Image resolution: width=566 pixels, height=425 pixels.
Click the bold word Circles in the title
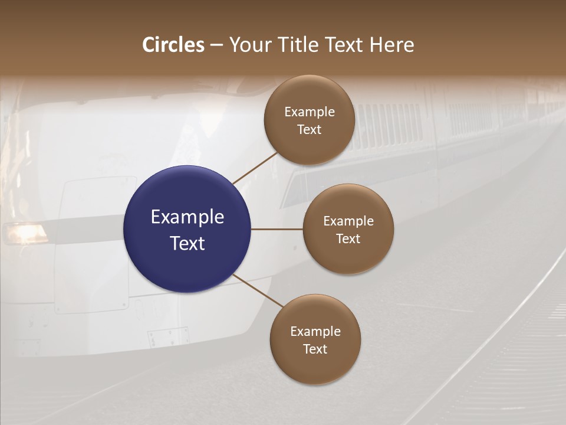tap(173, 45)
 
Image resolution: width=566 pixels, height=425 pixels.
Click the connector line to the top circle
tap(256, 168)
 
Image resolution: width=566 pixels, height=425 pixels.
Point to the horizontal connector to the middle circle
tap(277, 229)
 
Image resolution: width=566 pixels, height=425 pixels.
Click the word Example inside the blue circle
tap(187, 217)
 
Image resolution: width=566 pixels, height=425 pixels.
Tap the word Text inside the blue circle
tap(187, 243)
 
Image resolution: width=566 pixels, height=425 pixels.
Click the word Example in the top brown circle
tap(310, 112)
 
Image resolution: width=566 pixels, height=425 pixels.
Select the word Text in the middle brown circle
tap(348, 238)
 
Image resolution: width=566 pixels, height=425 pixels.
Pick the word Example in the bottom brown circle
tap(315, 331)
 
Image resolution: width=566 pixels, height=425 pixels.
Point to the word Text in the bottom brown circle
tap(315, 349)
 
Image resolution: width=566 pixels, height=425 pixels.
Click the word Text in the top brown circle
tap(310, 129)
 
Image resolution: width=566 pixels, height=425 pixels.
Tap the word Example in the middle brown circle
tap(348, 221)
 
